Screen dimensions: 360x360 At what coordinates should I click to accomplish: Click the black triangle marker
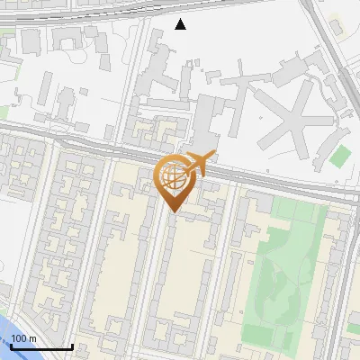[181, 24]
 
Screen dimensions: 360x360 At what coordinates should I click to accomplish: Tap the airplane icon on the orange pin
[198, 165]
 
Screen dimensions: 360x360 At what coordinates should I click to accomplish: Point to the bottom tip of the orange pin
[173, 212]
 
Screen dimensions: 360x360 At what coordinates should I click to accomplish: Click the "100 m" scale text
[23, 338]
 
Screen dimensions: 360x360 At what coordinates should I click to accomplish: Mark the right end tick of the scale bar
[72, 345]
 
